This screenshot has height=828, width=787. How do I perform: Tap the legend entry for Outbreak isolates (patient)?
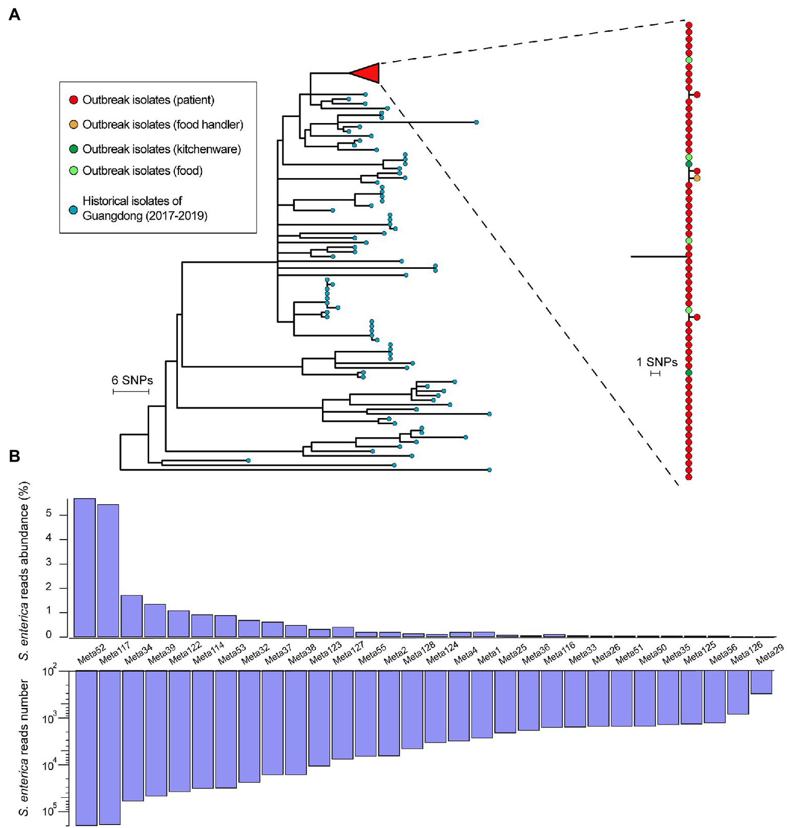tap(148, 100)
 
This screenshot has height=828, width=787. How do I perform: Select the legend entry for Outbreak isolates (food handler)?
tap(163, 125)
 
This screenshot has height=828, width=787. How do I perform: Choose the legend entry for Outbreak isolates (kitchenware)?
tap(162, 149)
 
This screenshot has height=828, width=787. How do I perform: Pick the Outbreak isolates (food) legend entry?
tap(142, 171)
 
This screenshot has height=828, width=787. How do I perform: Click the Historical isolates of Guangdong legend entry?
tap(144, 208)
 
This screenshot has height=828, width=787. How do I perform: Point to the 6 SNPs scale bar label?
tap(132, 381)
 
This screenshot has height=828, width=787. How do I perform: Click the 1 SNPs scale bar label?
tap(657, 362)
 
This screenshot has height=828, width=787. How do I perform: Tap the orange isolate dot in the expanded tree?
tap(697, 179)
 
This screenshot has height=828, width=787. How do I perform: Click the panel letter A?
tap(15, 14)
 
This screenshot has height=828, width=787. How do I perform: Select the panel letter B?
tap(15, 456)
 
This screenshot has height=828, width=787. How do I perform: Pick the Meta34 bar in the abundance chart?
tap(131, 616)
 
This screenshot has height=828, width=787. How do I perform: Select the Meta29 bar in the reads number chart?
tap(761, 682)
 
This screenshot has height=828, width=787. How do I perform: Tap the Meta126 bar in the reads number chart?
tap(738, 693)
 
